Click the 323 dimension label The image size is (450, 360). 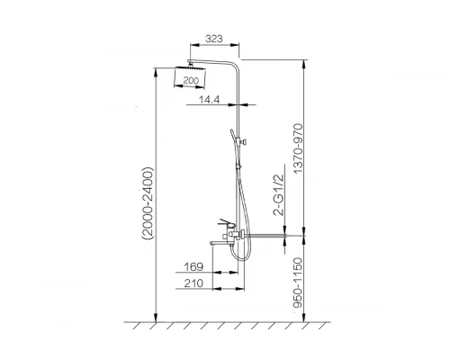click(214, 39)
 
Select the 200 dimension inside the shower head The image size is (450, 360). click(191, 80)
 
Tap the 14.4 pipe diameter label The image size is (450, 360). click(210, 100)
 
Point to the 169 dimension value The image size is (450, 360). click(193, 266)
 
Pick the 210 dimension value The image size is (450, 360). click(193, 283)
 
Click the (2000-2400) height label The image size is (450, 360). click(148, 203)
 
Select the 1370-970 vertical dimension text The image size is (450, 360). click(299, 148)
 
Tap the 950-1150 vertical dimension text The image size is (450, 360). click(299, 283)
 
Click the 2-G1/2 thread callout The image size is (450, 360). click(279, 195)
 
